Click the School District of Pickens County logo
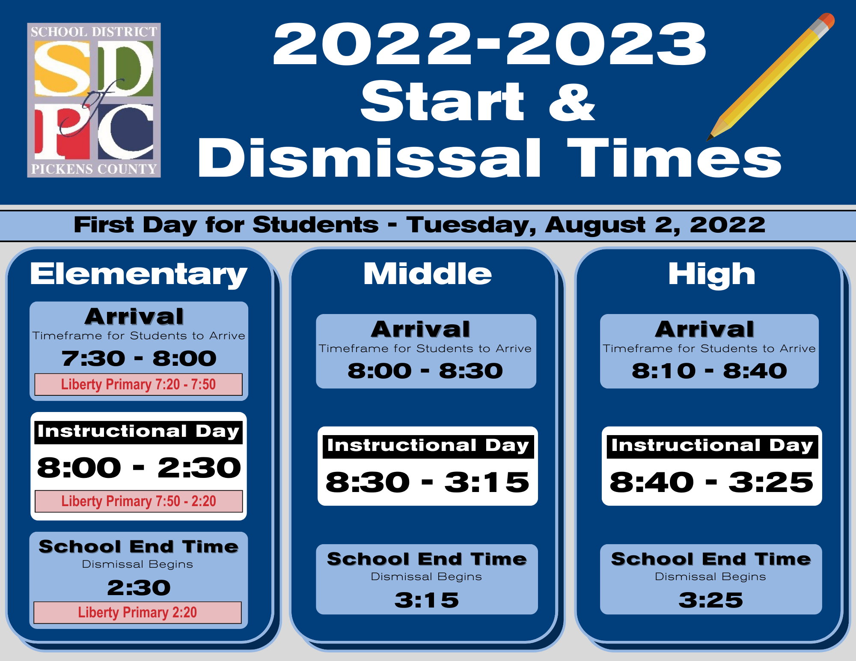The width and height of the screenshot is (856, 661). tap(94, 100)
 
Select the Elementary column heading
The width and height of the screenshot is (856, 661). tap(139, 274)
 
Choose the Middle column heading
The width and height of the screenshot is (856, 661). tap(428, 274)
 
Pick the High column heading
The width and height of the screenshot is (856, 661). tap(712, 274)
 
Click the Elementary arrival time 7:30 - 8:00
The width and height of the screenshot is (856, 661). tap(139, 358)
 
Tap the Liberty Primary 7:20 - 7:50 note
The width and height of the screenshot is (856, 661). tap(138, 384)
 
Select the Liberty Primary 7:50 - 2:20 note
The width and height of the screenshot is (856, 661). tap(139, 501)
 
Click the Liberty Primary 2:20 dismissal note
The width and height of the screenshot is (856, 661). tap(137, 612)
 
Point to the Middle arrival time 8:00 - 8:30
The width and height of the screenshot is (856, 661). tap(425, 371)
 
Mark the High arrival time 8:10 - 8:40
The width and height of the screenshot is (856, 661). tap(709, 371)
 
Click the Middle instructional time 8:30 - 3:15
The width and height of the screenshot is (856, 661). tap(428, 482)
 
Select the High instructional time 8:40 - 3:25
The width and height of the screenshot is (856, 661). tap(711, 482)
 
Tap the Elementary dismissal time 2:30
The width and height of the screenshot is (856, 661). tap(139, 587)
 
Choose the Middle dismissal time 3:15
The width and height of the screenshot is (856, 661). tap(427, 600)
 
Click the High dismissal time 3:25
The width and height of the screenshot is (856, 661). tap(711, 600)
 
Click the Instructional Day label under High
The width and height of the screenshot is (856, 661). tap(712, 446)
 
